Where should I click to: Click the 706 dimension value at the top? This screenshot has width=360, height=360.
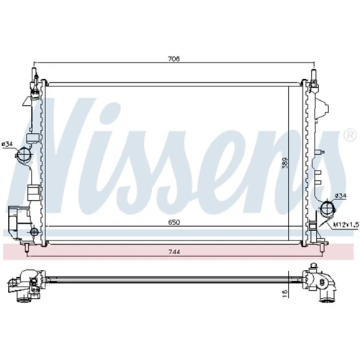(x=174, y=59)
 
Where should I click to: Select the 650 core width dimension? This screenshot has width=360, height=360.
(x=174, y=222)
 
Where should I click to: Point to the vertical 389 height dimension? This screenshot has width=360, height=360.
(x=284, y=163)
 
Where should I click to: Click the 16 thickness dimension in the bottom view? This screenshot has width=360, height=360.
(x=285, y=293)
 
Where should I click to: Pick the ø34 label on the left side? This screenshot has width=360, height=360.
(x=7, y=144)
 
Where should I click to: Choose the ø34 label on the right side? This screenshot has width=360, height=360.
(x=341, y=196)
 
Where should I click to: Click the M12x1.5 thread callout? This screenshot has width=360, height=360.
(x=346, y=225)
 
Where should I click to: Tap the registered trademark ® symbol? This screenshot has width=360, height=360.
(x=351, y=136)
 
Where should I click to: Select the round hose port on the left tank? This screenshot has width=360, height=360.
(x=23, y=153)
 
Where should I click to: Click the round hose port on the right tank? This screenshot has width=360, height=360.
(x=327, y=208)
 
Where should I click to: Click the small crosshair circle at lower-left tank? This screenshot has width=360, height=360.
(x=35, y=232)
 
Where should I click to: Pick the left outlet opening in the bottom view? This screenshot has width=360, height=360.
(x=23, y=300)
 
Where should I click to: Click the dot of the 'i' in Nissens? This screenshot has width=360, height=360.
(x=111, y=109)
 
